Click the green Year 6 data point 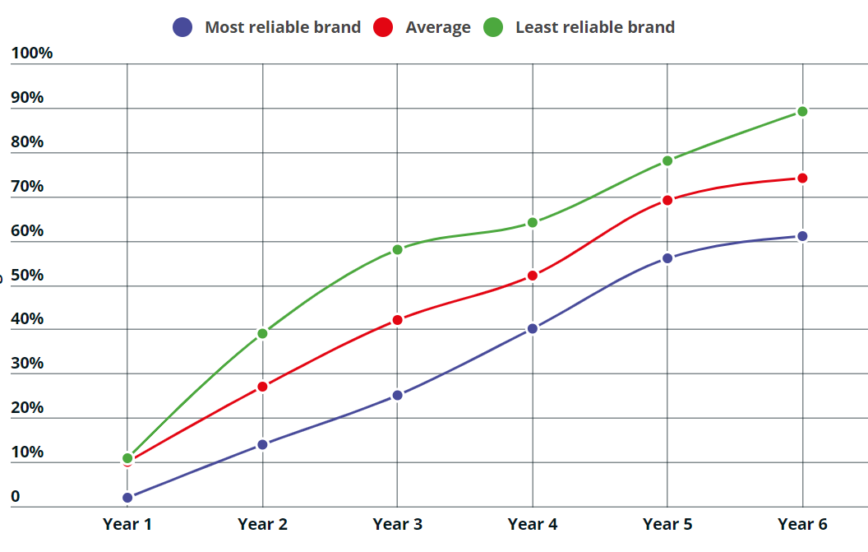pos(802,111)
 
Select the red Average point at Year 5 pos(667,200)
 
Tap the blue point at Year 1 pos(127,497)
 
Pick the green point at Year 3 pos(397,249)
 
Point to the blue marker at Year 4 pos(533,328)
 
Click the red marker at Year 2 pos(262,386)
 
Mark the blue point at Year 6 pos(802,236)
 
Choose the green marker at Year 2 pos(262,333)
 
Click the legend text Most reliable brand pos(283,27)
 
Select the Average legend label pos(438,27)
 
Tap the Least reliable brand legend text pos(595,27)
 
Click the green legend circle pos(493,27)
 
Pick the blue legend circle pos(182,27)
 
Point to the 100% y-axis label pos(32,53)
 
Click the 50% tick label pos(28,275)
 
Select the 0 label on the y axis pos(16,497)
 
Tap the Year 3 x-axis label pos(397,524)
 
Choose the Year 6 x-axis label pos(802,524)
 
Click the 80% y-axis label pos(28,141)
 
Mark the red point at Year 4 pos(533,276)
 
